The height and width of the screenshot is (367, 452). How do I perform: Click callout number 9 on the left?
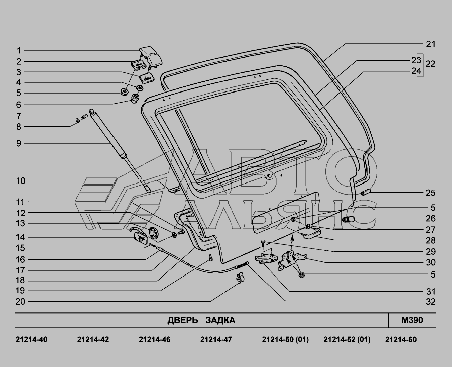tap(19, 143)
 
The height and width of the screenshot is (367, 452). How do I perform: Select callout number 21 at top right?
tap(431, 44)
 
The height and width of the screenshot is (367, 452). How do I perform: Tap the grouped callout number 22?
tap(430, 64)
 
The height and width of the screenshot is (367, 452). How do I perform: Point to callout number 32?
tap(431, 302)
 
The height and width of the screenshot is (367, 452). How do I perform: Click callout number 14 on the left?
tap(20, 237)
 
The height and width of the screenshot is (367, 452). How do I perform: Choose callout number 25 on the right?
tap(431, 193)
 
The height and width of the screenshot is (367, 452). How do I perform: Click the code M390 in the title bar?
tap(412, 320)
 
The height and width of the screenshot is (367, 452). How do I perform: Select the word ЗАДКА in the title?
tap(220, 320)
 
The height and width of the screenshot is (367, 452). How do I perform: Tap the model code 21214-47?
tap(216, 339)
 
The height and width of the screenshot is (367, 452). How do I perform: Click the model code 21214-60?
tap(401, 339)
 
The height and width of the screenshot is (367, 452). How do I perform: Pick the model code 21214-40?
tap(31, 339)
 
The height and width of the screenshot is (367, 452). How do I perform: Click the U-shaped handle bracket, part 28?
tap(311, 232)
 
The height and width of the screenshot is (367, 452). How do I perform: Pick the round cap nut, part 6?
tap(134, 99)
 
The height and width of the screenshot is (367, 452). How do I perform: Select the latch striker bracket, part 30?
tap(292, 260)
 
